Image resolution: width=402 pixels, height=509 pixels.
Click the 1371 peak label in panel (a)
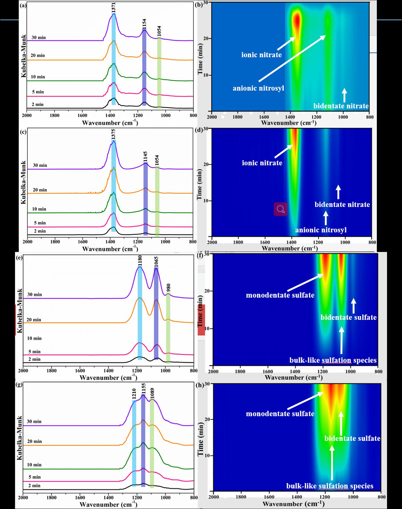pos(114,8)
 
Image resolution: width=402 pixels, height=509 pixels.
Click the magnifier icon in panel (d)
pos(280,209)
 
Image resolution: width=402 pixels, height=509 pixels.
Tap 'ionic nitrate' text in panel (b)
pos(261,55)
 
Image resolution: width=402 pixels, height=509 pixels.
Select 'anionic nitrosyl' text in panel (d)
pos(321,230)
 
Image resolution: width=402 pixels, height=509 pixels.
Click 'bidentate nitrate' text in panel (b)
pos(341,106)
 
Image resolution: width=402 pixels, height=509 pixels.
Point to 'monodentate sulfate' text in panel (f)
pos(280,295)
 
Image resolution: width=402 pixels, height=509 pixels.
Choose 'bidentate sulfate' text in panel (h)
pos(352,438)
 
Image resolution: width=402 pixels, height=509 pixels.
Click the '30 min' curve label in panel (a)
pos(39,38)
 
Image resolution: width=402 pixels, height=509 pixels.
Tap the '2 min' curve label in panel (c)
pos(40,231)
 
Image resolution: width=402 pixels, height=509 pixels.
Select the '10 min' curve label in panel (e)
pos(34,338)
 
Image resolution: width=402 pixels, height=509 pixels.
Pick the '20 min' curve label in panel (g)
pos(35,441)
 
